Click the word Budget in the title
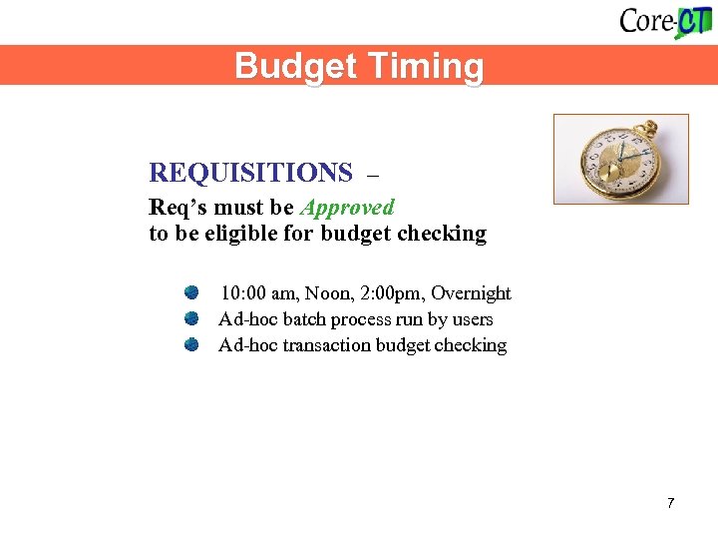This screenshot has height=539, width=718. pos(295,67)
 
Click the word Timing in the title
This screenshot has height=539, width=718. pos(426,67)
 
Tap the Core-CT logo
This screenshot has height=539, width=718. pos(665,21)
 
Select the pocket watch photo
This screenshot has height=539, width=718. pos(621,159)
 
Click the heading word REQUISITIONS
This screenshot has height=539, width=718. pos(250,173)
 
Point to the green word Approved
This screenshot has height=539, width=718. pos(347,208)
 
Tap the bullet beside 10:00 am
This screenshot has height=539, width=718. pos(191,292)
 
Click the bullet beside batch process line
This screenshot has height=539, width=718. pos(191,318)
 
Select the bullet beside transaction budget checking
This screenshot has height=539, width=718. pos(191,344)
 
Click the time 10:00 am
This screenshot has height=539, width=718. pos(259,293)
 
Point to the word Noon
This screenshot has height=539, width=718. pos(328,293)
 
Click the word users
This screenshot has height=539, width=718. pos(472,319)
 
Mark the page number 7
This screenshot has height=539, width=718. pos(671,502)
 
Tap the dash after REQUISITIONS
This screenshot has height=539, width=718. pos(374,175)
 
